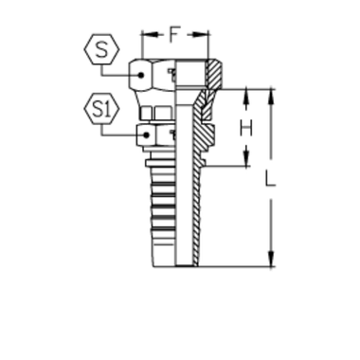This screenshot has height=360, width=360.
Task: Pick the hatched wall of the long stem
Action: pyautogui.click(x=199, y=208)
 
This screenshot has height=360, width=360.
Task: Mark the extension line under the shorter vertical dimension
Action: pyautogui.click(x=232, y=169)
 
